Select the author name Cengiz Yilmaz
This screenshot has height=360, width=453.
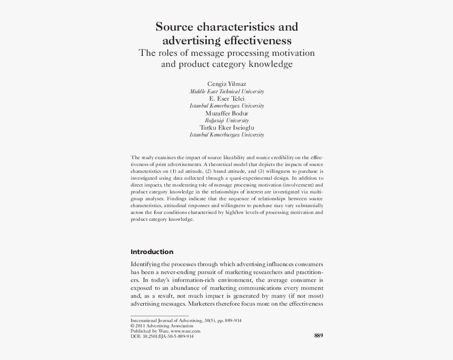coord(226,84)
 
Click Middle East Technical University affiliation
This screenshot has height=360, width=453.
coord(226,91)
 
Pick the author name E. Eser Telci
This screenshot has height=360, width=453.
coord(226,99)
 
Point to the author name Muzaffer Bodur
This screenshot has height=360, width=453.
coord(226,113)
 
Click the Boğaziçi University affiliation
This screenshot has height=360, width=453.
coord(226,120)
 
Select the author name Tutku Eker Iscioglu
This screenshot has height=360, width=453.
coord(226,128)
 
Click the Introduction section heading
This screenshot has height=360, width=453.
coord(152,251)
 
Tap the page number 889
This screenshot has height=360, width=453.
coord(318,336)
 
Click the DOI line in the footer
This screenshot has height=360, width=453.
coord(162,336)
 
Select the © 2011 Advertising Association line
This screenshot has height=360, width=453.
coord(162,326)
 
